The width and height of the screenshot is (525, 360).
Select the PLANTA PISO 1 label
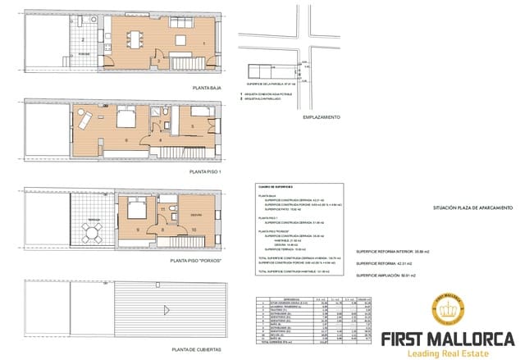205,172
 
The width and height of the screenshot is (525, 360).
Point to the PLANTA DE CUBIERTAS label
197,349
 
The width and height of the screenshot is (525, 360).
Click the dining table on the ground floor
134,35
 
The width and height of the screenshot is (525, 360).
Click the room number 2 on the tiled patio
83,40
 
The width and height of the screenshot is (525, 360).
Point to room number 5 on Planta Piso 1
191,127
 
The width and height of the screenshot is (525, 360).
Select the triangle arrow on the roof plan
167,309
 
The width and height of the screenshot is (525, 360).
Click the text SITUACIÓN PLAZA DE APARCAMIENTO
473,208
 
